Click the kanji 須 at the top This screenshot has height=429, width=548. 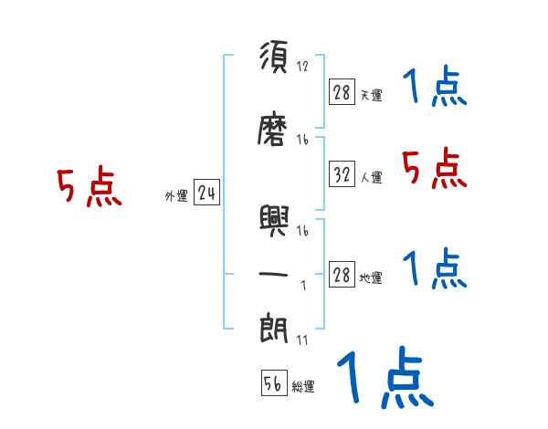(274, 58)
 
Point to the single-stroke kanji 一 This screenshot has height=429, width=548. (274, 273)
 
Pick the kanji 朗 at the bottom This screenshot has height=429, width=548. (274, 328)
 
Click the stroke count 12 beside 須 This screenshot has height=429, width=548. (303, 67)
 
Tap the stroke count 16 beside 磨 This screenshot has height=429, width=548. (303, 140)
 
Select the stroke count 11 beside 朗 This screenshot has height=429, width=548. (302, 340)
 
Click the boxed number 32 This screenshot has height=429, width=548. (342, 175)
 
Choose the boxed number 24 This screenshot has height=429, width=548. (206, 193)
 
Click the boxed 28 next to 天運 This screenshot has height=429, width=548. (342, 92)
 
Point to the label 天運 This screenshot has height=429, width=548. (371, 95)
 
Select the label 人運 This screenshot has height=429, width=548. (371, 178)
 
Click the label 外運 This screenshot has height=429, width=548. (176, 196)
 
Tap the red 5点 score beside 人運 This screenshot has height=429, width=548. (435, 168)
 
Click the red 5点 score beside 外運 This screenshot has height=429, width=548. (90, 188)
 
